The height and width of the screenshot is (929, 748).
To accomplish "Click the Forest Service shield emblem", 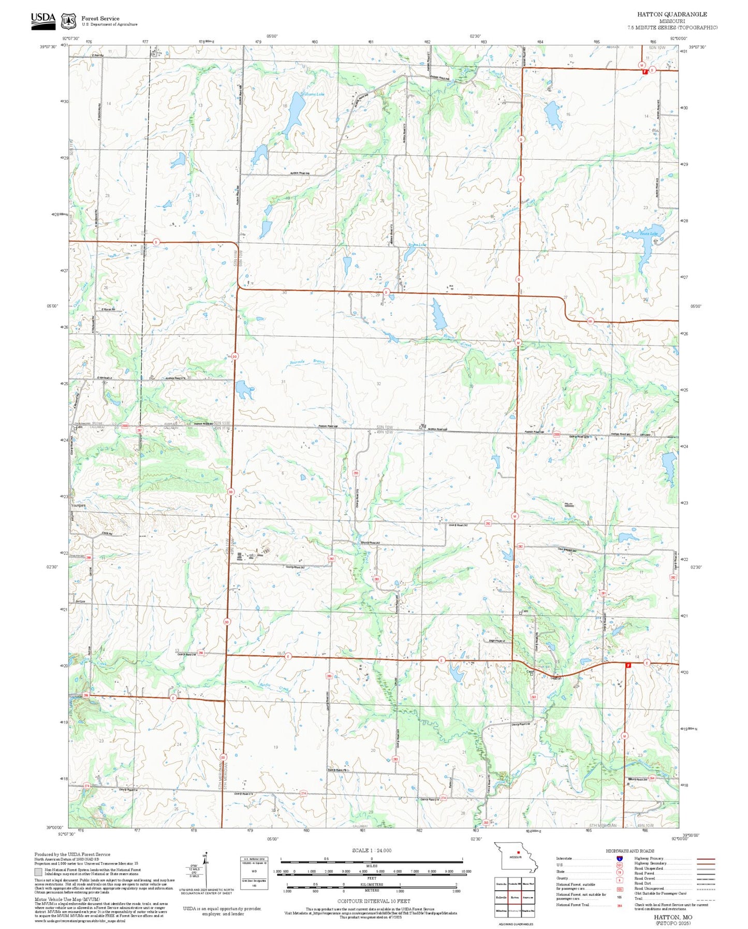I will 68,21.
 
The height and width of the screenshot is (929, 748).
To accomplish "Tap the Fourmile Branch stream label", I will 307,361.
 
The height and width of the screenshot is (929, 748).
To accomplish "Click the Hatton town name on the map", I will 556,678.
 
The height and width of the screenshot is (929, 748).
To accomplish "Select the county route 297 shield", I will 139,430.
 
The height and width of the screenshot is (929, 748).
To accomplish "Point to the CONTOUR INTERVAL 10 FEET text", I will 373,886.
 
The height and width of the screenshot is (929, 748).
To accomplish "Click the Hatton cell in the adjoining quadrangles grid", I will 515,897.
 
